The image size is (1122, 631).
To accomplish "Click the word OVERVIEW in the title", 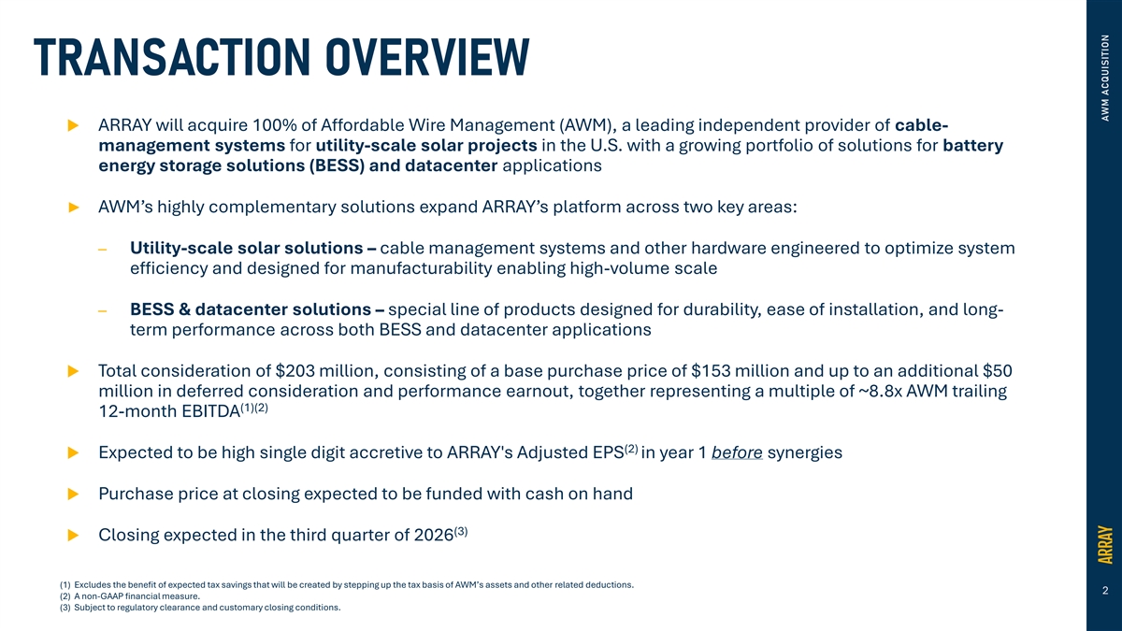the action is point(427,57).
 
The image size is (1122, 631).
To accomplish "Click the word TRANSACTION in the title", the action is point(172,57).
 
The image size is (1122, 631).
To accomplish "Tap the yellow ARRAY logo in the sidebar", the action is point(1105,544).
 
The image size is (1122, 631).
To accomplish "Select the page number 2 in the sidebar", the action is point(1105,591).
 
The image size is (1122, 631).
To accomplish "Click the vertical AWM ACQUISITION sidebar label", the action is point(1105,78).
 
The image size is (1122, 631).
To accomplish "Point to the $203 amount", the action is point(295,371).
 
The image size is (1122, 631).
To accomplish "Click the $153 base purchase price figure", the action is point(711,371).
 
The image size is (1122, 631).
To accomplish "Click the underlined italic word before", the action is point(737,452).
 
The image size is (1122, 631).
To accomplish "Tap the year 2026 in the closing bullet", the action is point(434,536).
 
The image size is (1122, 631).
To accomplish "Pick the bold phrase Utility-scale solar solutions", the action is point(247,249).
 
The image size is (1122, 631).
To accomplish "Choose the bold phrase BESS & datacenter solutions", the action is point(251,309).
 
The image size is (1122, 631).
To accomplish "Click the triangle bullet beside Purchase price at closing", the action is point(73,495).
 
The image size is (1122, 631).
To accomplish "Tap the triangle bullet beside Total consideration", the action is point(73,371).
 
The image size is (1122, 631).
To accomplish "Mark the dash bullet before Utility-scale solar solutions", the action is point(103,250).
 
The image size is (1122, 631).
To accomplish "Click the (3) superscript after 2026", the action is point(461,531).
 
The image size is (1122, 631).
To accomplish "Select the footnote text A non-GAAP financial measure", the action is point(137,596).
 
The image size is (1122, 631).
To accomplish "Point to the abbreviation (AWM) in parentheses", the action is point(583,125).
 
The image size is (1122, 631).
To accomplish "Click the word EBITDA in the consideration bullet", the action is point(211,411).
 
